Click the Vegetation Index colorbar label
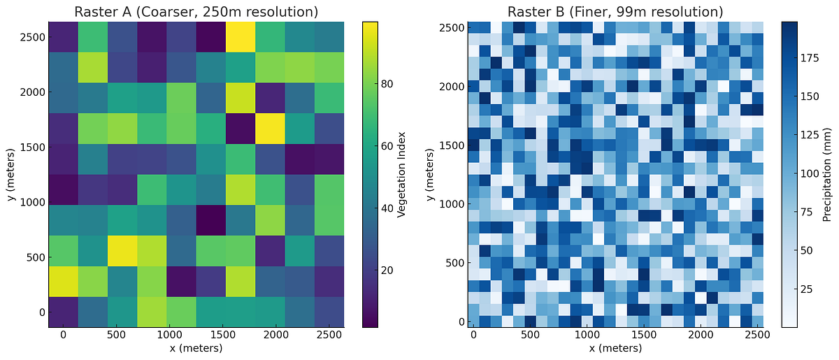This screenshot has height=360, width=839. pos(402,173)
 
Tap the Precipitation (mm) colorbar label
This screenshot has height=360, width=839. pos(826,173)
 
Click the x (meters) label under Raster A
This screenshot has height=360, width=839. pos(196,348)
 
